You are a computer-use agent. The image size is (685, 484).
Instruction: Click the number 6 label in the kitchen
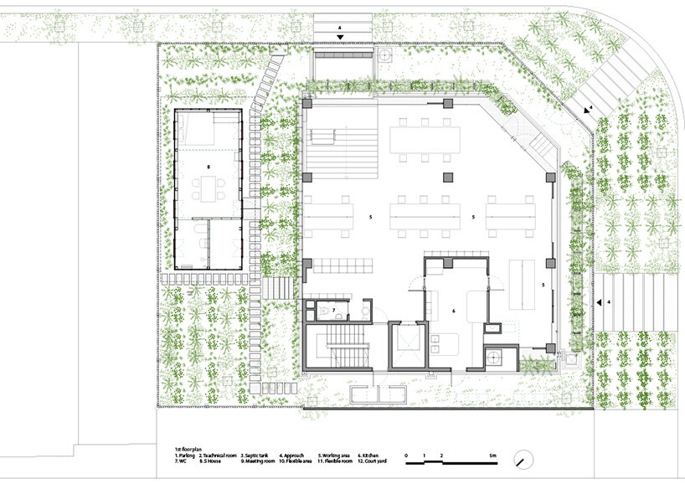(453, 311)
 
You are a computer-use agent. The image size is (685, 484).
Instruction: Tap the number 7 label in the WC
(333, 311)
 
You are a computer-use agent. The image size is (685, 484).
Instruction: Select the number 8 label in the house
(209, 178)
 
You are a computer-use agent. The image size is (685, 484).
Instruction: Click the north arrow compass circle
(524, 461)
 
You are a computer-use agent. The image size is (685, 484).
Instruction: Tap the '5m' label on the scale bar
(494, 455)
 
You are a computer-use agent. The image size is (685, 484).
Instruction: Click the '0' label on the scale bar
(406, 455)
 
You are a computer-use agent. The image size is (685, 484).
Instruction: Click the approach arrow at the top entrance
(340, 37)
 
